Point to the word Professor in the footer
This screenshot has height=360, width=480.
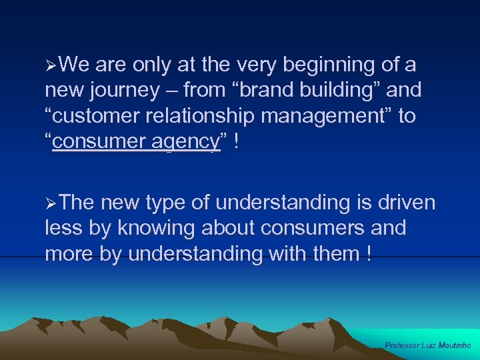[402, 345]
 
